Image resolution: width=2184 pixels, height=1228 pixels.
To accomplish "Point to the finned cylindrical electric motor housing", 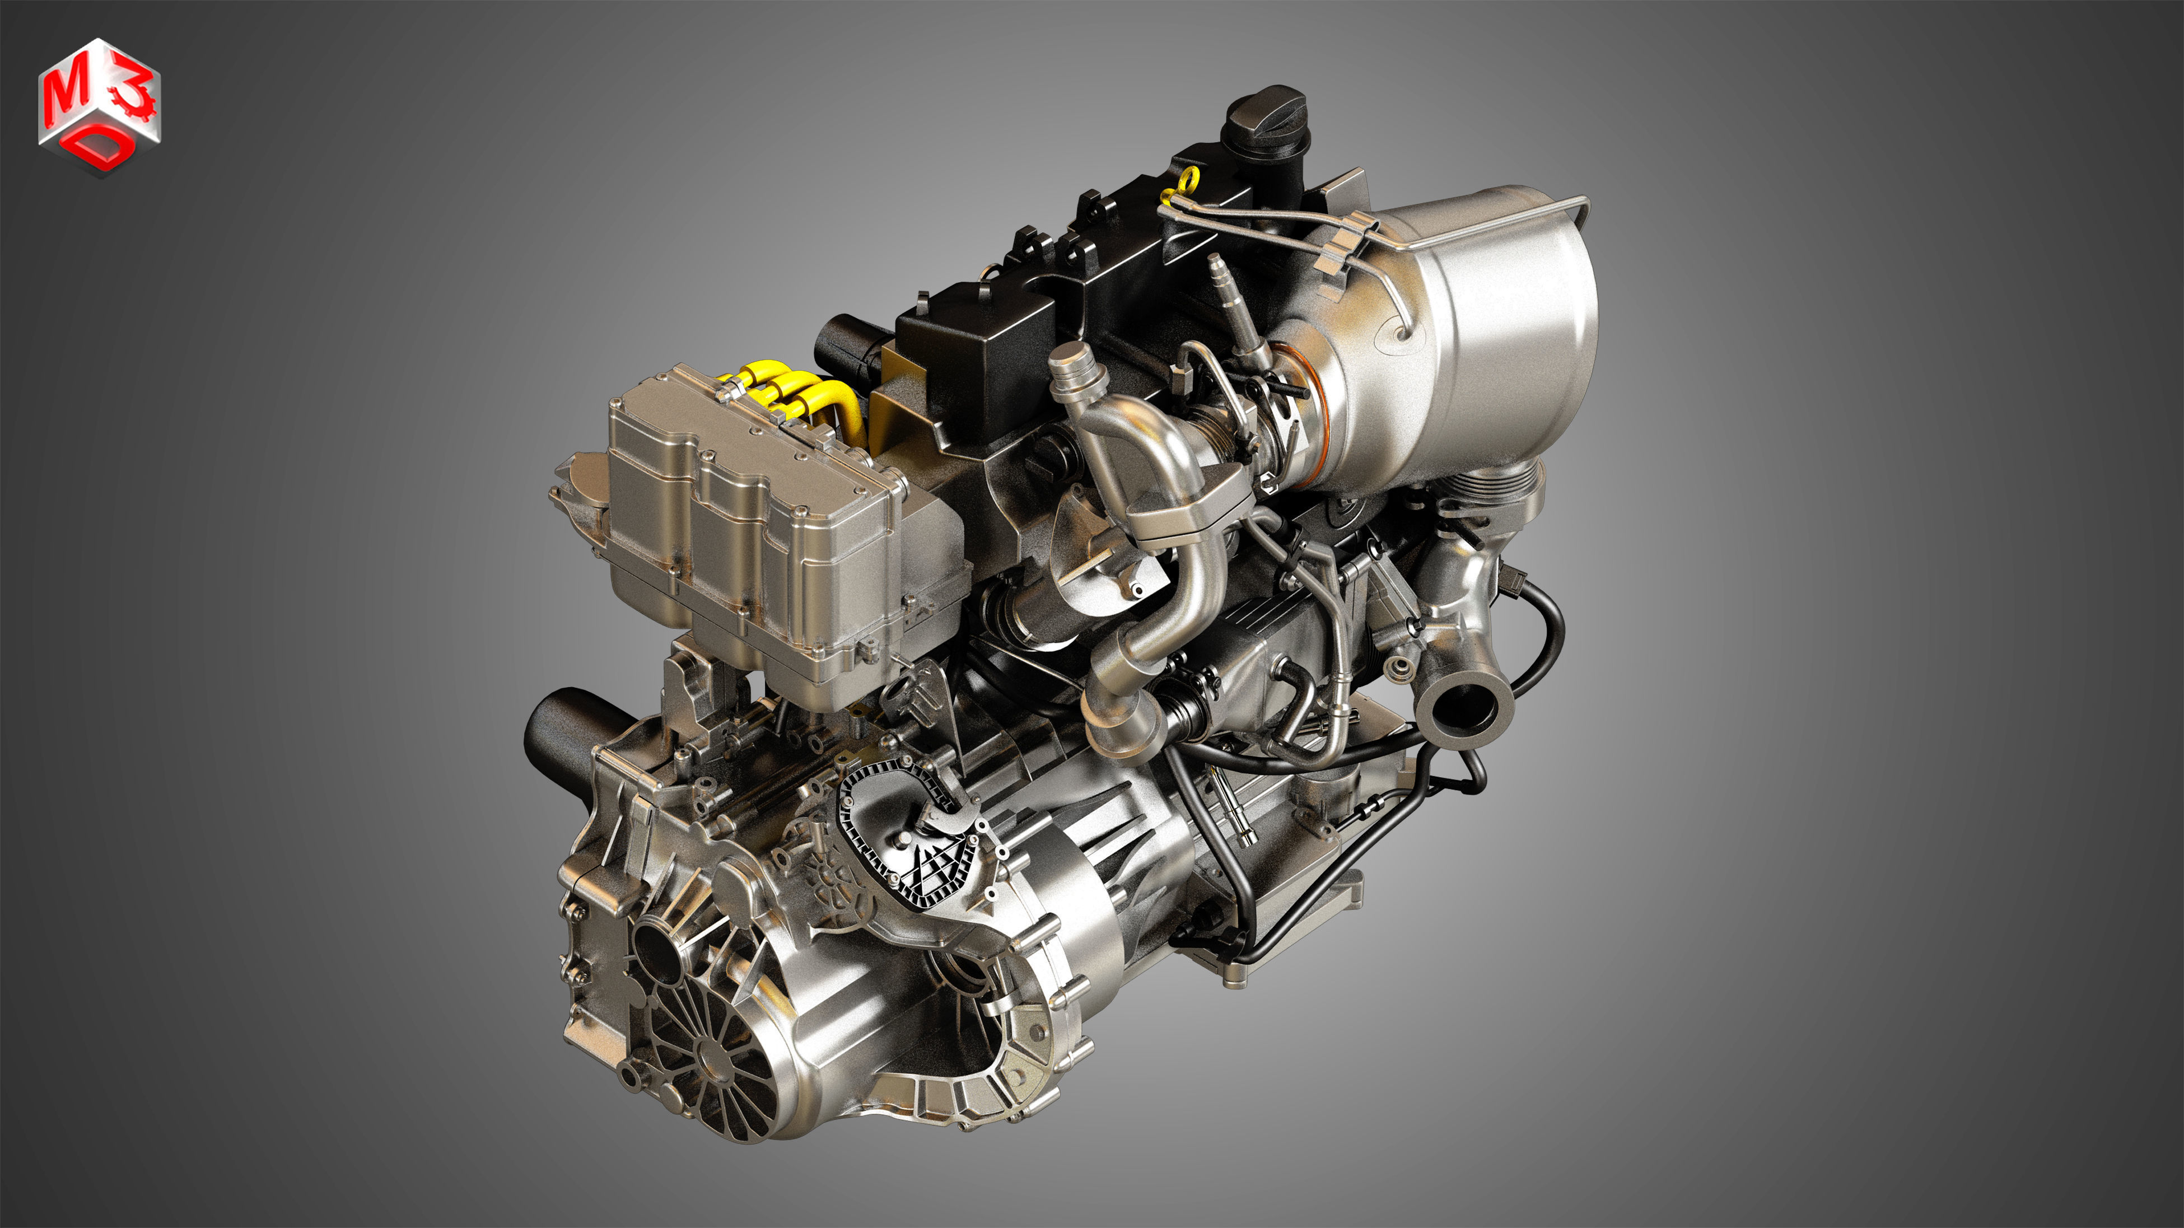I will pos(1102,865).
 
